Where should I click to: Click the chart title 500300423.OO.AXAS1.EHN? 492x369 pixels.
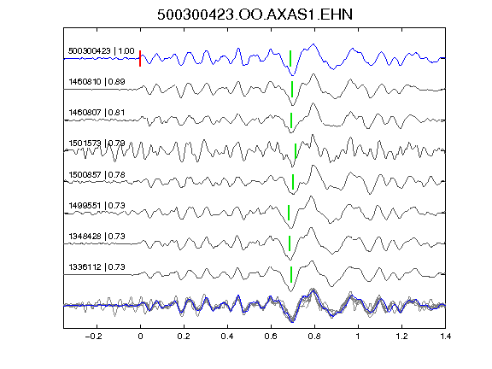click(255, 15)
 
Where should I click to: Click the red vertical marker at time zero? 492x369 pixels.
click(140, 58)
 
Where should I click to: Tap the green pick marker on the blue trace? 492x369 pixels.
click(290, 58)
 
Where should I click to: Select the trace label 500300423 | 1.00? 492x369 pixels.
click(101, 51)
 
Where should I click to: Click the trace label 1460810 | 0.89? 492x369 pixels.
click(97, 82)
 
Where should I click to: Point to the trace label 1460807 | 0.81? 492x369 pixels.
click(97, 113)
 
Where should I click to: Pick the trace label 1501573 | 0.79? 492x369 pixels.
click(97, 143)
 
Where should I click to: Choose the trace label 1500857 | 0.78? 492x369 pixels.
click(97, 174)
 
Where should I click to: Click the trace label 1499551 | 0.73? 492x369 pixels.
click(97, 206)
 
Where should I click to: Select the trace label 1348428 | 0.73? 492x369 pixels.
click(97, 236)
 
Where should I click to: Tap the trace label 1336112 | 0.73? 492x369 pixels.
click(97, 266)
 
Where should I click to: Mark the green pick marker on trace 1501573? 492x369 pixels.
click(296, 151)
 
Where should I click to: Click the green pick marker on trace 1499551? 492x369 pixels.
click(289, 213)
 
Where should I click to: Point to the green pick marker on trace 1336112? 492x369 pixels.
click(291, 274)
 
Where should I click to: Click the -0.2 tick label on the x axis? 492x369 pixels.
click(93, 337)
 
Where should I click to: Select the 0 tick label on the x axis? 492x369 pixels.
click(140, 337)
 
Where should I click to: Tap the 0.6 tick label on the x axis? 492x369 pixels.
click(271, 337)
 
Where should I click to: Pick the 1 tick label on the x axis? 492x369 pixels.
click(358, 337)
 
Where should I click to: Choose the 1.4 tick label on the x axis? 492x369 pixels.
click(445, 337)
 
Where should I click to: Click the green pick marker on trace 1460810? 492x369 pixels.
click(292, 89)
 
